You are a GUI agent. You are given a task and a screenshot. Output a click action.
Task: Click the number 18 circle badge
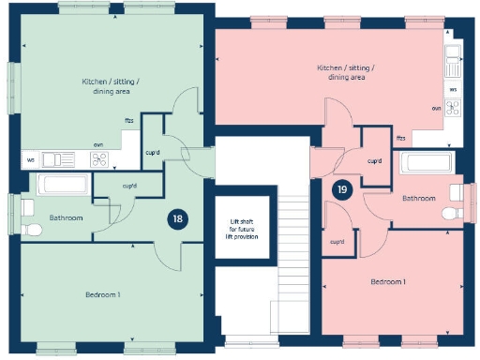[x=177, y=220]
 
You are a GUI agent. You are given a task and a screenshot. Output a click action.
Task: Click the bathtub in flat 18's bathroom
[x=63, y=184]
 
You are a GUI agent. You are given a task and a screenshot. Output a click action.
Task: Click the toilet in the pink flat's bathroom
[x=451, y=215]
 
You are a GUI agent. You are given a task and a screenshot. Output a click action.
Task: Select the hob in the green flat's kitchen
[x=99, y=159]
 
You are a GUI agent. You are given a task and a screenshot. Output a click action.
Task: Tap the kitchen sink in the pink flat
[x=454, y=64]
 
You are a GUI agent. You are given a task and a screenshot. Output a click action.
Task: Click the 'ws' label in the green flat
[x=30, y=159]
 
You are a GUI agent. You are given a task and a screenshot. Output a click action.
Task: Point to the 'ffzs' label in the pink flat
[x=400, y=138]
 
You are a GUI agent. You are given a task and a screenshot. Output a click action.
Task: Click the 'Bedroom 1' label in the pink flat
[x=387, y=281]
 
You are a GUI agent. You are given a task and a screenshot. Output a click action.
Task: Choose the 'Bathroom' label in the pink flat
[x=418, y=198]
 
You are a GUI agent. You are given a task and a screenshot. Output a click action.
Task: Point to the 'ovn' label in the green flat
[x=97, y=144]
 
